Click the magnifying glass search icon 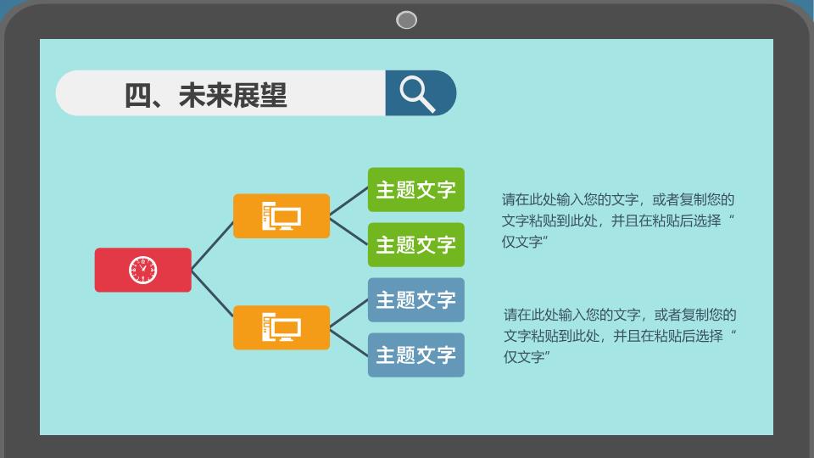(417, 94)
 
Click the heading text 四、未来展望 (205, 95)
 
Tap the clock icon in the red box (142, 270)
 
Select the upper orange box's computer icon (282, 216)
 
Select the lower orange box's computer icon (282, 327)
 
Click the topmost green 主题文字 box (415, 189)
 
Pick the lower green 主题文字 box (415, 244)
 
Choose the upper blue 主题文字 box (415, 299)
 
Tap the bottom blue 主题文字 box (415, 355)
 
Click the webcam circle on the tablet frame (406, 20)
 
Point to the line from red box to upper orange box (212, 246)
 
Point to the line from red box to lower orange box (212, 293)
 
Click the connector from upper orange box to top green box (348, 201)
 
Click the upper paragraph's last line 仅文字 (525, 242)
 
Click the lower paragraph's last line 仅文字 (527, 357)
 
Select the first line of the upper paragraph (618, 199)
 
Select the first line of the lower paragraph (620, 315)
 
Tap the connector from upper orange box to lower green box (348, 231)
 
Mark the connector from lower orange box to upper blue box (348, 313)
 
